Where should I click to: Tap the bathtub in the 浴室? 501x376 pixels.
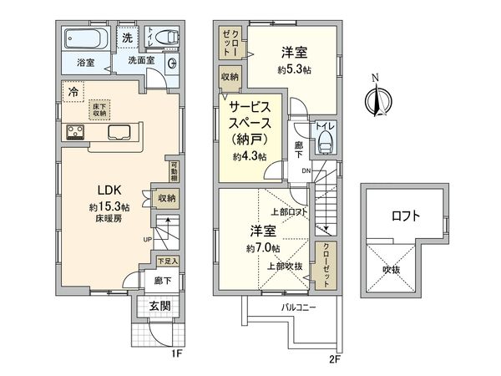pyautogui.click(x=80, y=39)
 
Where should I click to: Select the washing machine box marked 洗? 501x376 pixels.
pyautogui.click(x=127, y=38)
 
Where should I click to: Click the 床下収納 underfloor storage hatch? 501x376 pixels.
pyautogui.click(x=99, y=109)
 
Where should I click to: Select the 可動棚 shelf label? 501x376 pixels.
pyautogui.click(x=175, y=171)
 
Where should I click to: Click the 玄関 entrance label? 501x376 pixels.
pyautogui.click(x=160, y=307)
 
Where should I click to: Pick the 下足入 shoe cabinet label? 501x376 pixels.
pyautogui.click(x=168, y=262)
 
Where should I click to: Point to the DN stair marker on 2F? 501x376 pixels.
pyautogui.click(x=306, y=170)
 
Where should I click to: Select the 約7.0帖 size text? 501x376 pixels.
pyautogui.click(x=263, y=248)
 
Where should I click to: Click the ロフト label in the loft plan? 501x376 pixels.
pyautogui.click(x=406, y=216)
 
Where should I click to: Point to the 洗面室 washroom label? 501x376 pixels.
pyautogui.click(x=141, y=61)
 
